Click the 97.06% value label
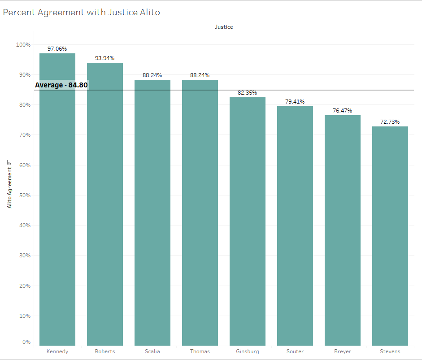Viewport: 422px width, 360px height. pos(57,49)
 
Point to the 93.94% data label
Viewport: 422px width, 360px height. pos(105,58)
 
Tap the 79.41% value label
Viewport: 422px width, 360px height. pos(295,102)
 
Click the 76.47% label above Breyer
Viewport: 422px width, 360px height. pos(343,111)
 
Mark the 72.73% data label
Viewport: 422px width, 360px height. pos(390,122)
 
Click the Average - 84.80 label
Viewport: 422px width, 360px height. pos(62,85)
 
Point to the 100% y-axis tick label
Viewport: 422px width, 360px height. pos(23,45)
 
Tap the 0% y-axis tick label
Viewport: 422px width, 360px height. pos(26,342)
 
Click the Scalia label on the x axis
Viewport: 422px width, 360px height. pos(152,351)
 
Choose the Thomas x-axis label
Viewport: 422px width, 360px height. pos(200,351)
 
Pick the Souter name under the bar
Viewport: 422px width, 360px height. pos(295,351)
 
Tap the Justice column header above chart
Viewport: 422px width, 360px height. pos(224,27)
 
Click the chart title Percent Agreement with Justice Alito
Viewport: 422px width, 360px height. pos(82,13)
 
